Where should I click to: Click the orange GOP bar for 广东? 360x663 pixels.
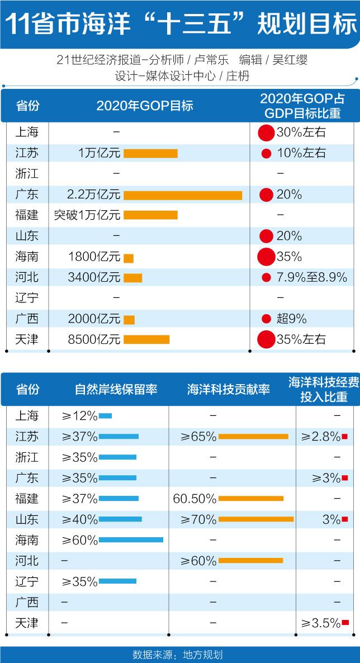click(183, 195)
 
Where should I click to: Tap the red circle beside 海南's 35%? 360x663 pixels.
click(266, 257)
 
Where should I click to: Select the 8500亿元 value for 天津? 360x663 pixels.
click(94, 339)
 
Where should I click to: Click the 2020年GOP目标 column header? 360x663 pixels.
click(144, 106)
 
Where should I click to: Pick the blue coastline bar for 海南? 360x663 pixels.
click(131, 539)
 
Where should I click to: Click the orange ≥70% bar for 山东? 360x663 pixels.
click(256, 519)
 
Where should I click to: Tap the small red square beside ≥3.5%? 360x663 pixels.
click(345, 623)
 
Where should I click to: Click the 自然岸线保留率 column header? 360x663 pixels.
click(116, 390)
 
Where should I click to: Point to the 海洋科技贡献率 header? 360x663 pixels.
click(228, 390)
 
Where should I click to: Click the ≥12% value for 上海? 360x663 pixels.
click(80, 416)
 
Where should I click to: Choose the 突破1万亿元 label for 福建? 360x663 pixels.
click(87, 215)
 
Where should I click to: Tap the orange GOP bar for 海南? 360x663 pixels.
click(129, 258)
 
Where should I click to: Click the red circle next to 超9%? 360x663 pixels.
click(266, 319)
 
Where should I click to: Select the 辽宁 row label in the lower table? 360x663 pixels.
click(27, 581)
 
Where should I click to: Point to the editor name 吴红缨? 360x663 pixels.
click(290, 60)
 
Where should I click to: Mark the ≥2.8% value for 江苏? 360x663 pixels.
click(320, 437)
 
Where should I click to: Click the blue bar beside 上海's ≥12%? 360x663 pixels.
click(105, 416)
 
